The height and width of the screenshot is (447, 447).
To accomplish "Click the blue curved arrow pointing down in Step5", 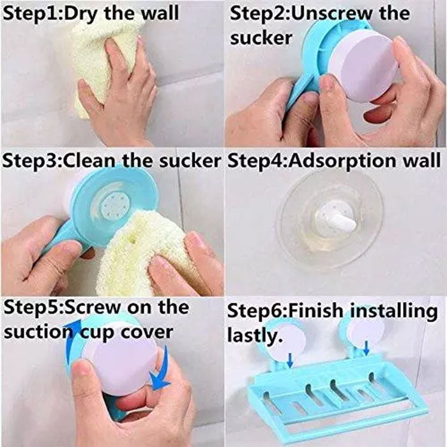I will tap(162, 369).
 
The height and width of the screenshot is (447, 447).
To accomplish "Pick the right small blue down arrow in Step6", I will tap(368, 347).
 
